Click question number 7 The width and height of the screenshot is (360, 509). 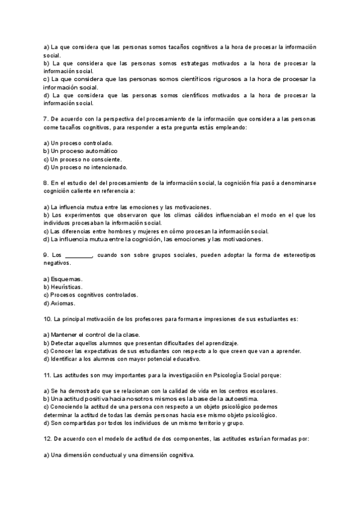[x=46, y=119]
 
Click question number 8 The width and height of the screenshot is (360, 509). [x=46, y=183]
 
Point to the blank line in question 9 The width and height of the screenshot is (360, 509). [x=77, y=255]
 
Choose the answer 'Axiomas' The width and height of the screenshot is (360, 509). [x=64, y=303]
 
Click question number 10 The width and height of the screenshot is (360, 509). [x=48, y=319]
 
